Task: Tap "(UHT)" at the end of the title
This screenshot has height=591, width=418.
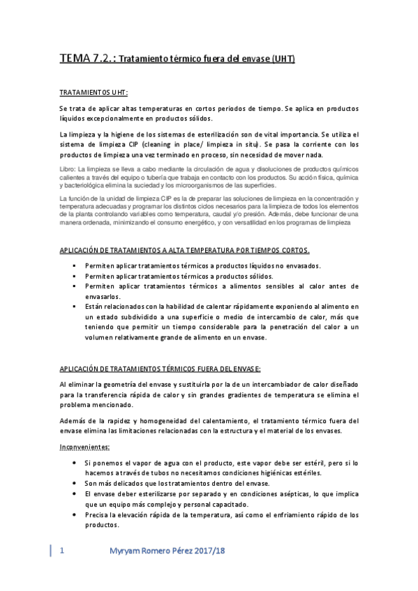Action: tap(283, 59)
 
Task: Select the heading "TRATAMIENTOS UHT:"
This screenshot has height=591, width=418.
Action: tap(94, 92)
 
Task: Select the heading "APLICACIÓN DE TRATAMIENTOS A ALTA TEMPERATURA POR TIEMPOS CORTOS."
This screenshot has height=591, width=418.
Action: tap(185, 250)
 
